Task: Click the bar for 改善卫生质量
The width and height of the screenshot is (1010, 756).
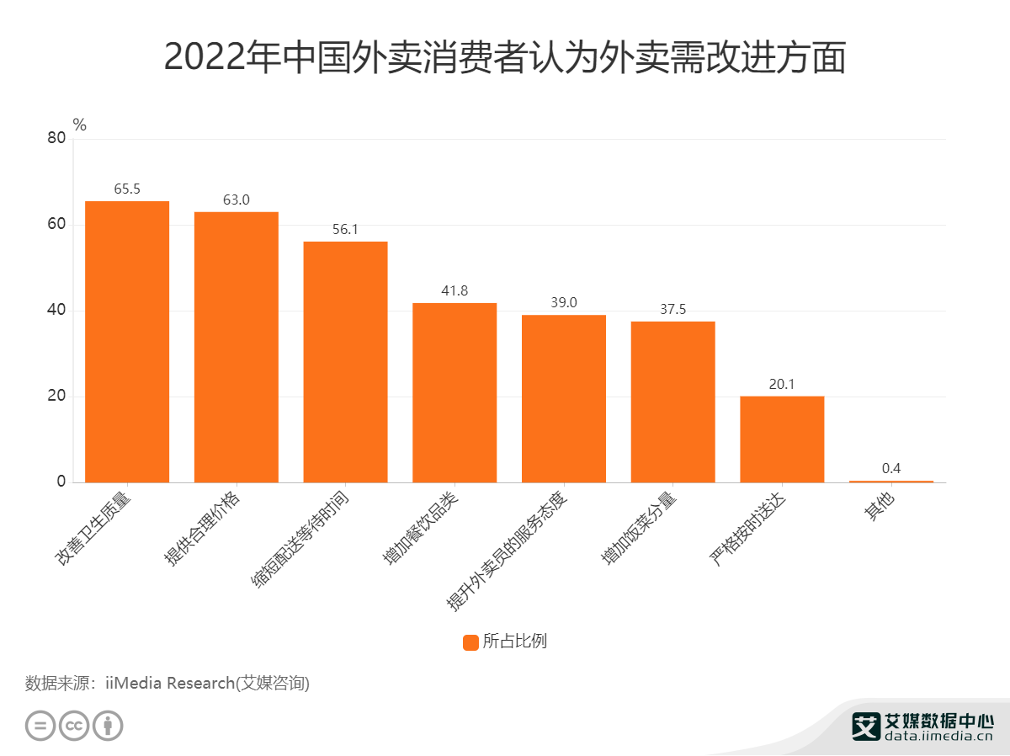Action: click(x=127, y=341)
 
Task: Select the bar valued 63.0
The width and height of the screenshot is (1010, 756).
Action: click(x=237, y=346)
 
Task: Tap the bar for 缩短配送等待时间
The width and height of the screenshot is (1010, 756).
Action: click(x=345, y=361)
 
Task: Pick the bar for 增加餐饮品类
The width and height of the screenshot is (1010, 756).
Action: click(x=454, y=391)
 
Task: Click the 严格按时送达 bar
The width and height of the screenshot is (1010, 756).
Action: click(x=782, y=439)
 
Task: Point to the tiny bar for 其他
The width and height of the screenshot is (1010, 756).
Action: click(x=891, y=482)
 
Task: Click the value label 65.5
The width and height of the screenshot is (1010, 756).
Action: click(x=127, y=189)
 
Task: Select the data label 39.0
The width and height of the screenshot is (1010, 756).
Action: click(x=564, y=302)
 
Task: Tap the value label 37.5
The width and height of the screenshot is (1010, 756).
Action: click(x=672, y=309)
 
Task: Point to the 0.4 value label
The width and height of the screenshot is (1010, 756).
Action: click(x=891, y=468)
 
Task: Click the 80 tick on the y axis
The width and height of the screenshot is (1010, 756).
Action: click(x=56, y=138)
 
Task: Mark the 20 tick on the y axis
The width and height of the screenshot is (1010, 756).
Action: click(x=56, y=397)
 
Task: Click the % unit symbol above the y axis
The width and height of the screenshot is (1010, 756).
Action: click(x=80, y=125)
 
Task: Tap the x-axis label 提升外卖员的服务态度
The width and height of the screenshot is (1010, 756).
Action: click(x=509, y=548)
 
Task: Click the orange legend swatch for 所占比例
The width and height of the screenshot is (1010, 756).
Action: click(x=470, y=642)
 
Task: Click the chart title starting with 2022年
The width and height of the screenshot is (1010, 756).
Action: click(x=505, y=57)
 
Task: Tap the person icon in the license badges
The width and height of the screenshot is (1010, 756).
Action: click(x=108, y=726)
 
